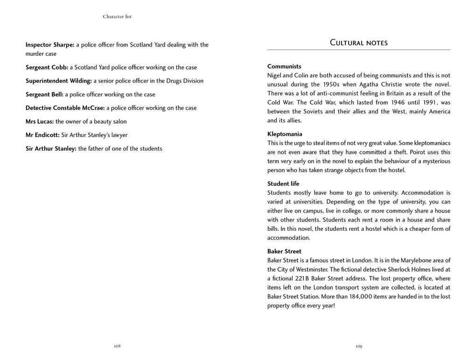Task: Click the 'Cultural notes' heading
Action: tap(358, 43)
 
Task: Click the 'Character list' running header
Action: tap(117, 17)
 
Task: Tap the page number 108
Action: tap(117, 346)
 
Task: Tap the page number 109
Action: tap(359, 346)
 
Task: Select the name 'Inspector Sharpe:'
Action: tap(50, 45)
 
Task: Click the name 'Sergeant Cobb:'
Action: tap(47, 67)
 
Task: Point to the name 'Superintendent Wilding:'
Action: tap(58, 81)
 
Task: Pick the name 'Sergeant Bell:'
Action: tap(44, 94)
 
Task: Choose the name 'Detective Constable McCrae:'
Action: tap(65, 108)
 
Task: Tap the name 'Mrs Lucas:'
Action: tap(40, 121)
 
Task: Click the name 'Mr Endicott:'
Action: tap(42, 135)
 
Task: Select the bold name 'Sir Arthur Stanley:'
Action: tap(51, 148)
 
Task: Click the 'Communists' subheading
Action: tap(284, 66)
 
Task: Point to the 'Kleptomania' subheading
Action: tap(285, 134)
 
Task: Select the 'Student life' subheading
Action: tap(283, 183)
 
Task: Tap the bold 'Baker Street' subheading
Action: tap(284, 251)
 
